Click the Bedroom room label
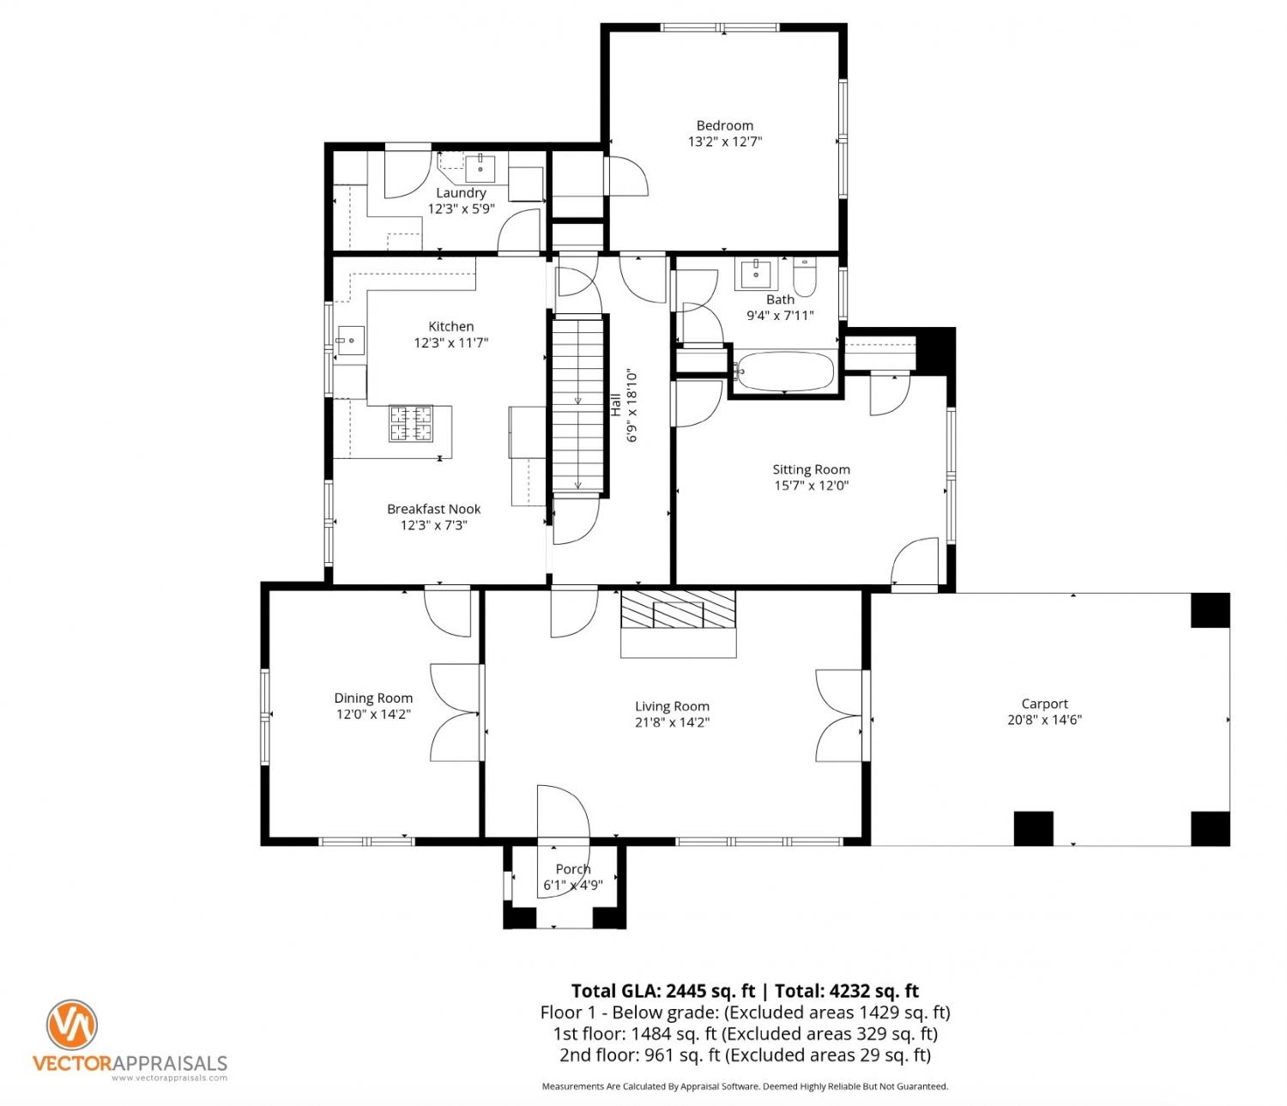pos(725,126)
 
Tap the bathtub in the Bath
pos(784,372)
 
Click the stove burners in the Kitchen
pos(411,424)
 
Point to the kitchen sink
pos(351,341)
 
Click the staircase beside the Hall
pos(578,405)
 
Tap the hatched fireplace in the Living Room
pos(678,610)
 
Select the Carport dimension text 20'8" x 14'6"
pos(1044,720)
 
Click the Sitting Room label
pos(811,469)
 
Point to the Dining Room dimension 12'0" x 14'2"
pos(373,714)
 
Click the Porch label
pos(573,868)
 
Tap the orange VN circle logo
pos(72,1025)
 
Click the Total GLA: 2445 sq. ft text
pos(663,991)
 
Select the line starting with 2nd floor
pos(745,1055)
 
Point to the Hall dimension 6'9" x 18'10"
pos(632,407)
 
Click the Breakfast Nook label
pos(434,509)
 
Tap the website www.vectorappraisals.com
pos(169,1078)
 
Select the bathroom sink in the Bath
pos(756,274)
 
